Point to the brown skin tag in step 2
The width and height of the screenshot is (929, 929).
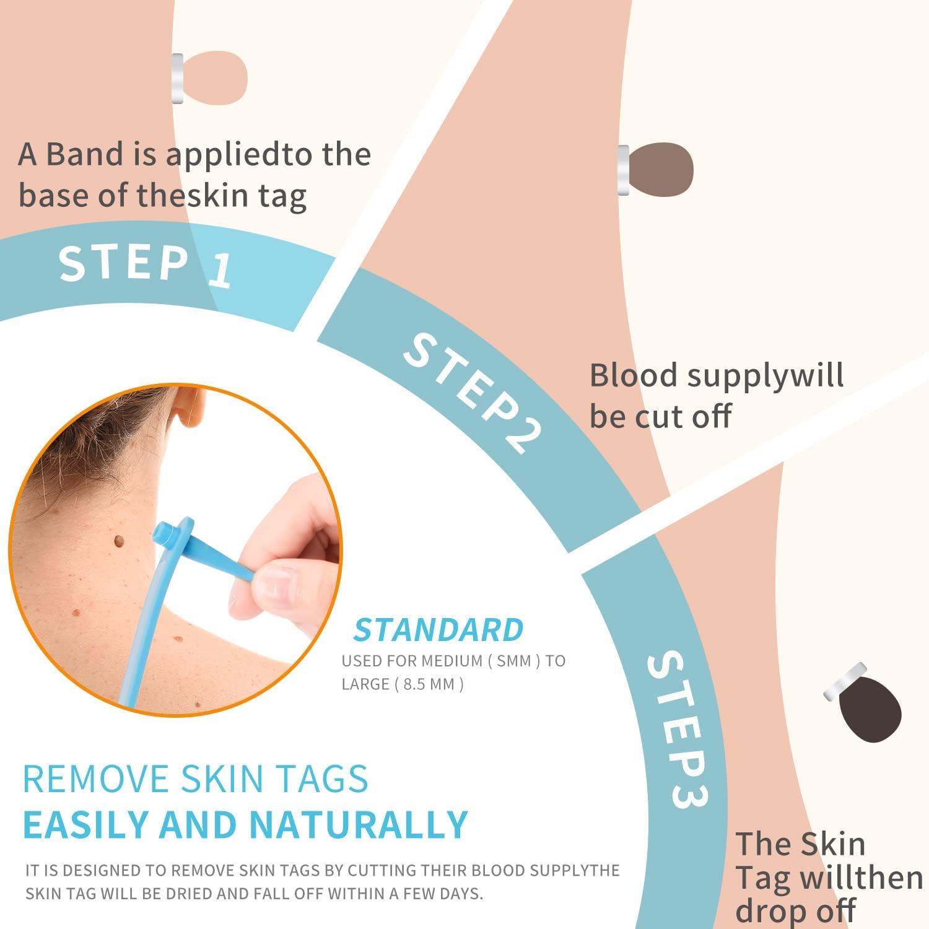tap(661, 170)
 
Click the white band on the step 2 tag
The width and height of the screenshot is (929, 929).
tap(623, 170)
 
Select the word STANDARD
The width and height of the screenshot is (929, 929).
tap(438, 630)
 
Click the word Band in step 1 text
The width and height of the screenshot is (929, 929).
tap(85, 154)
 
